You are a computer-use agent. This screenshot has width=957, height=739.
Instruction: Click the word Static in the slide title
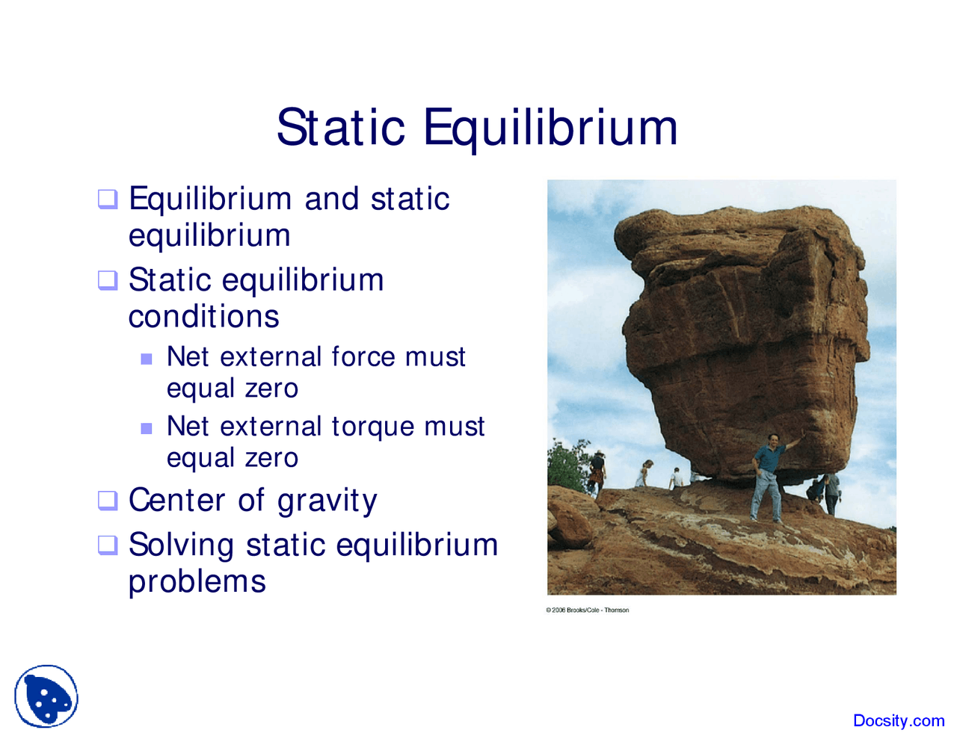click(340, 127)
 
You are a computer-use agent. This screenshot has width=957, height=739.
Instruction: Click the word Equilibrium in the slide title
click(550, 129)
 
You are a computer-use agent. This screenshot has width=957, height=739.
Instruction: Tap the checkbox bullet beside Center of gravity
click(108, 500)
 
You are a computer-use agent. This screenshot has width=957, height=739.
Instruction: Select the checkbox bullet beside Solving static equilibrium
click(108, 545)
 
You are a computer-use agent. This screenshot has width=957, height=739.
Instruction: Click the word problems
click(197, 581)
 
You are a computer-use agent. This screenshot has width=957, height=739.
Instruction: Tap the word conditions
click(203, 317)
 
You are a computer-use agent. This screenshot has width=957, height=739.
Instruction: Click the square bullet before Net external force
click(147, 359)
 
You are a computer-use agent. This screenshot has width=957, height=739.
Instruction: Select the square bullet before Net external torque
click(147, 428)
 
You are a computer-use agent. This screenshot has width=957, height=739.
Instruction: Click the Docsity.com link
click(898, 720)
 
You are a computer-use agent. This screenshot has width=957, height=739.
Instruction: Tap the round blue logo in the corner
click(46, 696)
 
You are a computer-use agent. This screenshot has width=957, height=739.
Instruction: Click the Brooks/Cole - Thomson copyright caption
click(587, 610)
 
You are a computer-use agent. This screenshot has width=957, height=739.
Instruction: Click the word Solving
click(181, 545)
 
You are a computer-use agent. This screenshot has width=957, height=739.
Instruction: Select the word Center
click(177, 500)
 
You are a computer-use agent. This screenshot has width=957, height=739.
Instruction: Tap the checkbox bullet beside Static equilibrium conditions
click(108, 280)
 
